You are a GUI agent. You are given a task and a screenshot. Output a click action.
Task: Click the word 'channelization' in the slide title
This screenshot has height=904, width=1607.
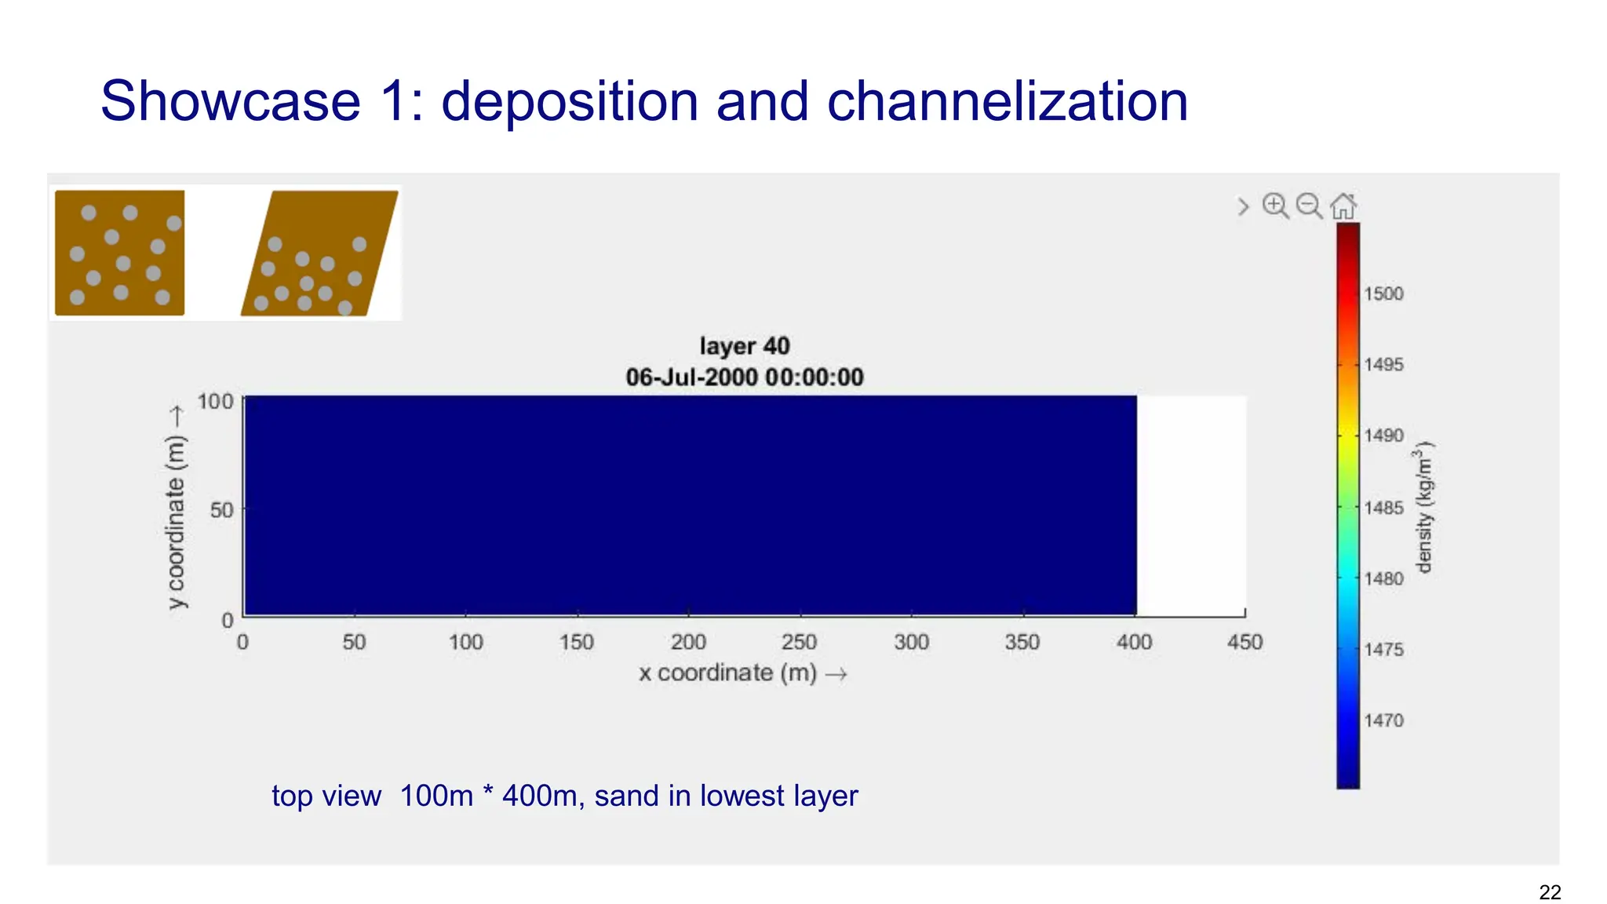1007,102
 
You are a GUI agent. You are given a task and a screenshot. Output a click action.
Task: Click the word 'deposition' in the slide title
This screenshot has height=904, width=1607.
570,102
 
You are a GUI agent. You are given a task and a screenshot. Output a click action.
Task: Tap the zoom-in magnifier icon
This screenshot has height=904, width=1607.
1275,206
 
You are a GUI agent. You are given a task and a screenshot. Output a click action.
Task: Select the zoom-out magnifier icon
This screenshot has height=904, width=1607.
1309,206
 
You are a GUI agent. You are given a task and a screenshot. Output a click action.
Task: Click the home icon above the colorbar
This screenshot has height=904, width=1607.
1343,206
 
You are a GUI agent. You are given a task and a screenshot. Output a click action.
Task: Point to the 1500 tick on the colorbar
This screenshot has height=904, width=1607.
1383,293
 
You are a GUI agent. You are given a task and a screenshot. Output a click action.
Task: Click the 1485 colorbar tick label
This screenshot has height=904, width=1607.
1383,508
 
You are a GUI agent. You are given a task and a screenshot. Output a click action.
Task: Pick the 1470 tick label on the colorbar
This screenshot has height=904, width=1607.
1383,720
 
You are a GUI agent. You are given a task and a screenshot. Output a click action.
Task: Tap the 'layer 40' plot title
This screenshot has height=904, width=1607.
745,346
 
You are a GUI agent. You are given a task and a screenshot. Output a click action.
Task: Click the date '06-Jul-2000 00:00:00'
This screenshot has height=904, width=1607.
745,377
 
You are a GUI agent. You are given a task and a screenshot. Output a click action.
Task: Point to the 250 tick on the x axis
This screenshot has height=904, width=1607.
800,643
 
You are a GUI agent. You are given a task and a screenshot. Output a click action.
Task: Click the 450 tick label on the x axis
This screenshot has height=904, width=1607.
1244,643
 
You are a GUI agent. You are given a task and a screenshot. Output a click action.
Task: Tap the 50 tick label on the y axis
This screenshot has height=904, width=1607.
221,510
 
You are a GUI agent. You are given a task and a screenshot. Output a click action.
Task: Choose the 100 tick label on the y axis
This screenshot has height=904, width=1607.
215,402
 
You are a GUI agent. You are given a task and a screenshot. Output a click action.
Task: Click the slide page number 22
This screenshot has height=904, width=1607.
1550,892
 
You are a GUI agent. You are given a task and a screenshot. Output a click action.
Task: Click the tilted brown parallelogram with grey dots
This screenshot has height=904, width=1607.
319,253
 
